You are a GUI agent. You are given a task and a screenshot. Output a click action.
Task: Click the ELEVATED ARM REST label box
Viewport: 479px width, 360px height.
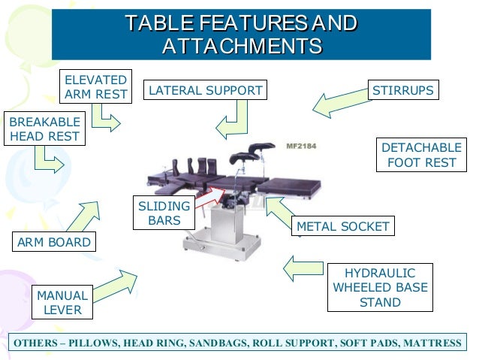coord(95,86)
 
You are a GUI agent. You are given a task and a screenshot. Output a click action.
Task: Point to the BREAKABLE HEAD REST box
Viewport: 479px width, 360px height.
coord(44,129)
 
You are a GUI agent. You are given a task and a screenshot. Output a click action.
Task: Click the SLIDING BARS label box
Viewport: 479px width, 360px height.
coord(164,214)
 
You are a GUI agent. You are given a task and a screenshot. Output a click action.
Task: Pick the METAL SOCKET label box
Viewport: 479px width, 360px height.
coord(343,226)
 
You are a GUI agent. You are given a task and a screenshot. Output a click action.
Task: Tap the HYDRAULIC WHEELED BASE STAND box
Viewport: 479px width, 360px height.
coord(380,288)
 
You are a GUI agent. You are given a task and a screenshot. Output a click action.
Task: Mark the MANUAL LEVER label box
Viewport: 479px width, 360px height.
coord(62,302)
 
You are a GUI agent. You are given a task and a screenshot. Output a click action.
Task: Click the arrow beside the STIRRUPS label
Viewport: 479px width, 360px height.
coord(337,104)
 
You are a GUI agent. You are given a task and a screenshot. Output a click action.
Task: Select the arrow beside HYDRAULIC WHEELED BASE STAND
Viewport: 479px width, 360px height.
coord(304,266)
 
